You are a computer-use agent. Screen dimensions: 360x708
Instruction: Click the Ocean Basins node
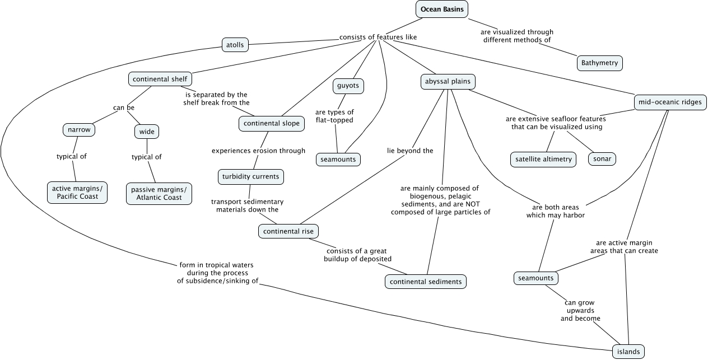click(x=442, y=9)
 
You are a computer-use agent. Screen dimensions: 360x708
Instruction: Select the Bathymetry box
click(x=599, y=63)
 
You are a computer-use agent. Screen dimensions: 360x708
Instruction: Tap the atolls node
click(x=234, y=44)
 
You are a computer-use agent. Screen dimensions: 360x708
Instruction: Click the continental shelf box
click(x=160, y=79)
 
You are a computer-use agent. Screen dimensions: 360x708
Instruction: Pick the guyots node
click(x=348, y=86)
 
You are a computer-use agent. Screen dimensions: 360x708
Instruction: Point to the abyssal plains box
click(x=448, y=82)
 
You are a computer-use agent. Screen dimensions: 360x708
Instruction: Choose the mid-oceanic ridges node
click(x=670, y=102)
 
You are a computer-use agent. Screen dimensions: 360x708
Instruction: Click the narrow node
click(x=78, y=130)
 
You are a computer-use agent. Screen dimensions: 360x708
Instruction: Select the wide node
click(x=147, y=132)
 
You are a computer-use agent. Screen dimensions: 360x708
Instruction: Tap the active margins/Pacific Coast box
click(x=77, y=192)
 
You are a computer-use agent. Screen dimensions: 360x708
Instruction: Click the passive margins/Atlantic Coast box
click(x=159, y=194)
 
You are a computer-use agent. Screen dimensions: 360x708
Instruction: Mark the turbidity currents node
click(x=250, y=177)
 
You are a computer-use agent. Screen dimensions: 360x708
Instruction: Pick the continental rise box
click(x=289, y=231)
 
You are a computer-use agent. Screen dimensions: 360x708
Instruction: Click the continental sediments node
click(x=426, y=281)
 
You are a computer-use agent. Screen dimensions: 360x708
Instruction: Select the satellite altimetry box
click(x=543, y=159)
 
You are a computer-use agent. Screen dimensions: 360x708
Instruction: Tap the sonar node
click(x=602, y=159)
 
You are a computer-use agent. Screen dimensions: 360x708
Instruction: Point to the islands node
click(x=628, y=352)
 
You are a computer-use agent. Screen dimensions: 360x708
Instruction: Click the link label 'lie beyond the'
click(x=410, y=151)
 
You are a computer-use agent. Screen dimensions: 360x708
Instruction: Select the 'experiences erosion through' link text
click(x=258, y=151)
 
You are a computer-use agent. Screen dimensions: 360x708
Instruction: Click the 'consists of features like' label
click(x=378, y=38)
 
